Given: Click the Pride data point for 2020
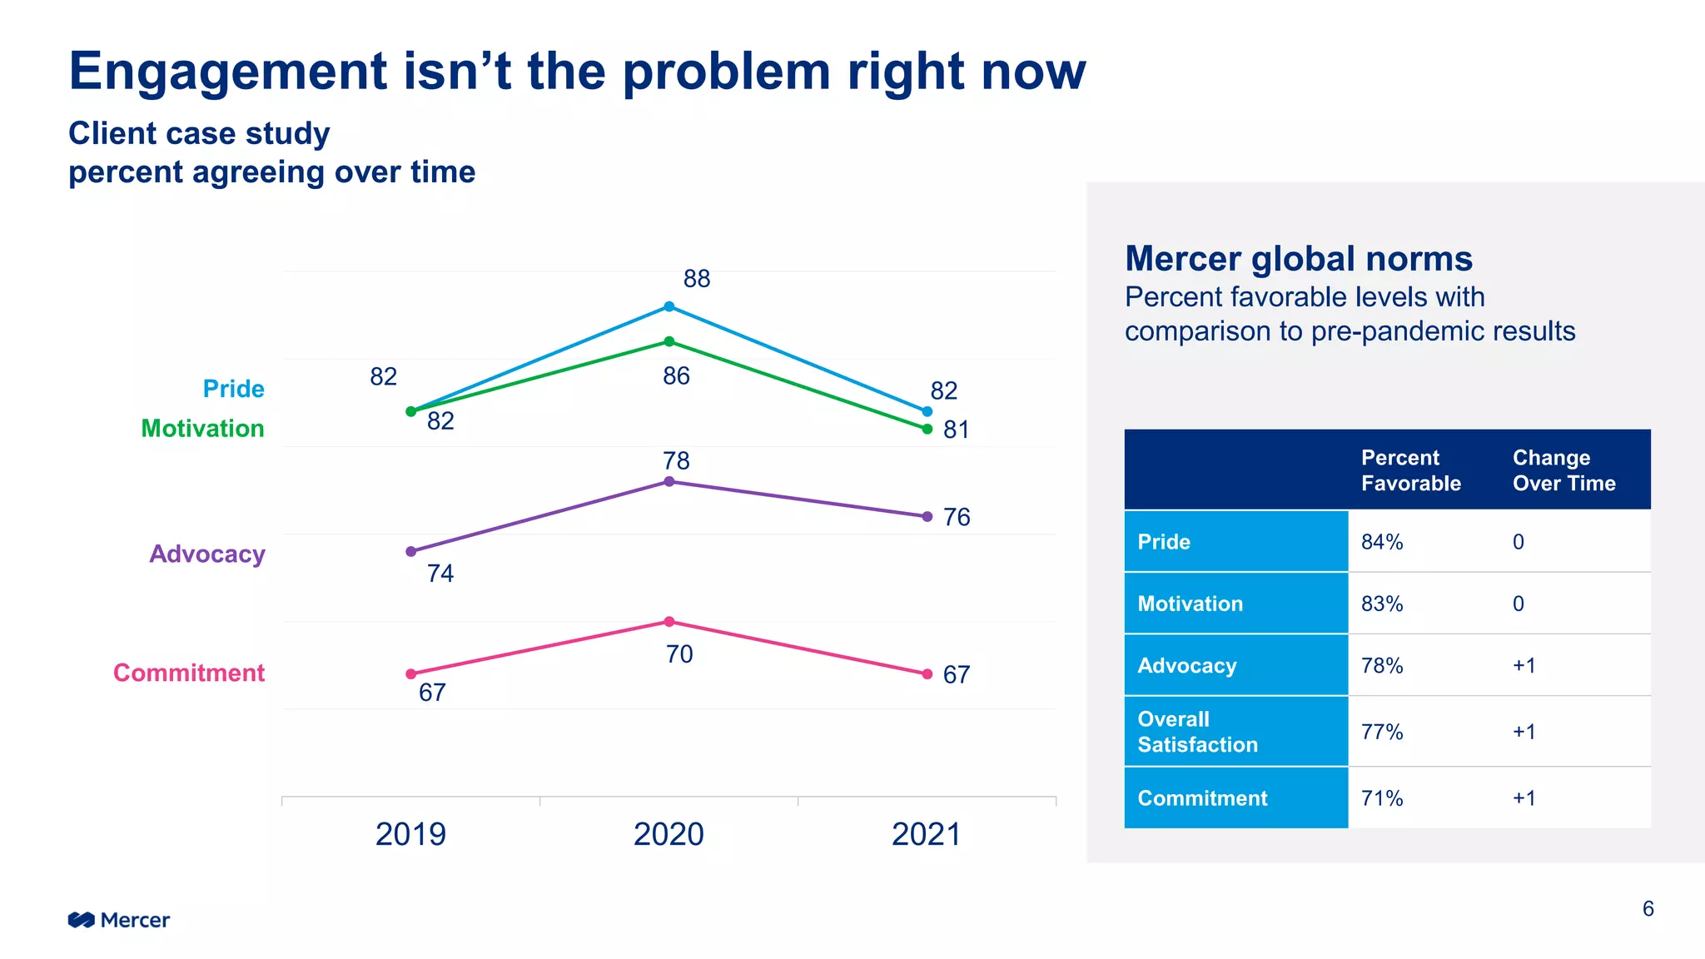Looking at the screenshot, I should pos(669,306).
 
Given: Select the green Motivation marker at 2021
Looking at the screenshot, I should pos(927,429).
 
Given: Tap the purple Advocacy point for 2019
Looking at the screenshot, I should pos(410,551).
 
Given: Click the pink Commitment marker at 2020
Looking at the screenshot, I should pos(669,622).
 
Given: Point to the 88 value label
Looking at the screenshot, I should pos(696,279).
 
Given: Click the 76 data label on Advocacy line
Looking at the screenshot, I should pos(956,517).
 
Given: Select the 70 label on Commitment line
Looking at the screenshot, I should pos(679,654).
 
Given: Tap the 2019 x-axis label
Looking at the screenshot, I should pos(410,834).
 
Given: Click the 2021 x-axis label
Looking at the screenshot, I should pos(926,834).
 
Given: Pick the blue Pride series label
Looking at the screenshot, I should pos(233,389).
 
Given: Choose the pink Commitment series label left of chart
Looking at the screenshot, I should pos(189,673).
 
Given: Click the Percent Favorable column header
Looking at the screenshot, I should pos(1410,470).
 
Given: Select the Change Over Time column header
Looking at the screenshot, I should pos(1563,470).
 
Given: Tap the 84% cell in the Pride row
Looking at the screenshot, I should pos(1382,542).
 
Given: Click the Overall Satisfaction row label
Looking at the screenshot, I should pos(1197,732).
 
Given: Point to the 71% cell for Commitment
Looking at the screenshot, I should pos(1382,798).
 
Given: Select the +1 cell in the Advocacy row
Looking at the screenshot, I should pos(1524,666).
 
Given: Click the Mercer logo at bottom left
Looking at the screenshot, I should pos(119,920).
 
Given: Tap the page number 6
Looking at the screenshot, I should pos(1648,909).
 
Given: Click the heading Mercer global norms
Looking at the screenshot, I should pos(1298,259).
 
